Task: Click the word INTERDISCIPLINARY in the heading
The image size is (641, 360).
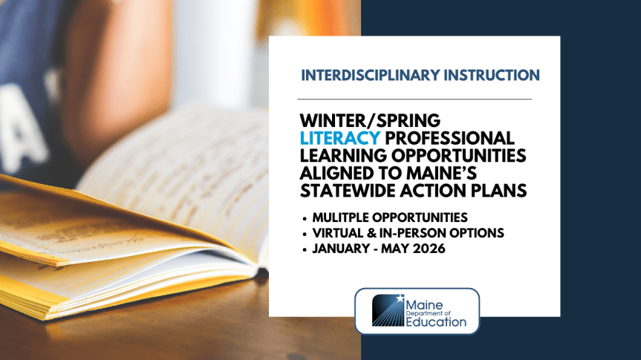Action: [370, 75]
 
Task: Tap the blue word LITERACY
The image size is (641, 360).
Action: [340, 138]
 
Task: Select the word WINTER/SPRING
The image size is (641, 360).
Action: [370, 120]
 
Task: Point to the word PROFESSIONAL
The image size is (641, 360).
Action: [449, 138]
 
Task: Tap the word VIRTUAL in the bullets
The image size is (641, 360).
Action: [337, 233]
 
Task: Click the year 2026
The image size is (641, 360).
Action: [429, 249]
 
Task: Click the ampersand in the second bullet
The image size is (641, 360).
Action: [371, 233]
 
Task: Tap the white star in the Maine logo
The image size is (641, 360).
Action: [400, 298]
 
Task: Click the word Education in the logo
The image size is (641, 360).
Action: [436, 321]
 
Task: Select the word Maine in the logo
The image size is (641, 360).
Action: [424, 305]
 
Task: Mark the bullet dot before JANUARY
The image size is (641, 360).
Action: [305, 249]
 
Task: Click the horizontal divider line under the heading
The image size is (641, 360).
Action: [414, 99]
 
